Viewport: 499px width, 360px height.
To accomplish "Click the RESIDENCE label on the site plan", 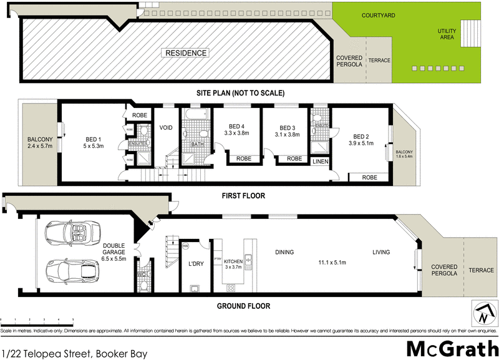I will [186, 53].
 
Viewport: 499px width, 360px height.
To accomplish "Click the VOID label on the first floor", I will [165, 127].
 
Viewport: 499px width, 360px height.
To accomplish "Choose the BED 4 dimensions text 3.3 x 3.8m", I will [236, 133].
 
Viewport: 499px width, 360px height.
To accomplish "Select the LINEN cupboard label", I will [320, 162].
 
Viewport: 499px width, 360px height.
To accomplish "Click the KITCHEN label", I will [233, 261].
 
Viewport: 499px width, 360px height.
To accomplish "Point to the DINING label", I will [284, 253].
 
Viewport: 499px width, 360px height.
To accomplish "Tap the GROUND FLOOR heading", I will [243, 306].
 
